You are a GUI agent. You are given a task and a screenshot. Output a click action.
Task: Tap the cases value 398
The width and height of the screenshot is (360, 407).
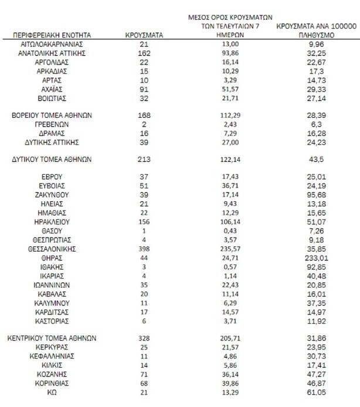pyautogui.click(x=144, y=249)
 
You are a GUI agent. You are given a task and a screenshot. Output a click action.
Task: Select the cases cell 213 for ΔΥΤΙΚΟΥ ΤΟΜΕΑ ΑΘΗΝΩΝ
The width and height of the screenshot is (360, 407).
pyautogui.click(x=144, y=160)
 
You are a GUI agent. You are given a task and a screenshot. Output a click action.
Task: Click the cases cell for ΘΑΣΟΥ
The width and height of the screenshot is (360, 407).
pyautogui.click(x=144, y=230)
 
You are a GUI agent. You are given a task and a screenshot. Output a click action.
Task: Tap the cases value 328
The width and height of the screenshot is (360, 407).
pyautogui.click(x=144, y=338)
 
